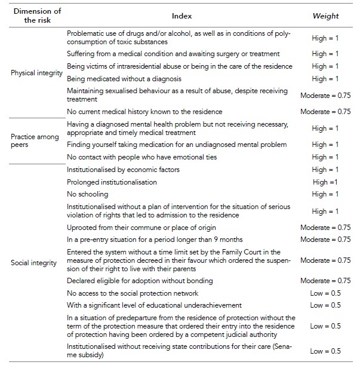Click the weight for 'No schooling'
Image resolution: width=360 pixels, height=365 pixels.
tap(325, 194)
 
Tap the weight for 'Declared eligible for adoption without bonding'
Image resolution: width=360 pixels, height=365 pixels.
tap(325, 280)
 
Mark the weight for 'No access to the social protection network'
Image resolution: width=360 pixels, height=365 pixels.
tap(325, 293)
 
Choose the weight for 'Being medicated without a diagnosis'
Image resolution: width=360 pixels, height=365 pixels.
tap(325, 78)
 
